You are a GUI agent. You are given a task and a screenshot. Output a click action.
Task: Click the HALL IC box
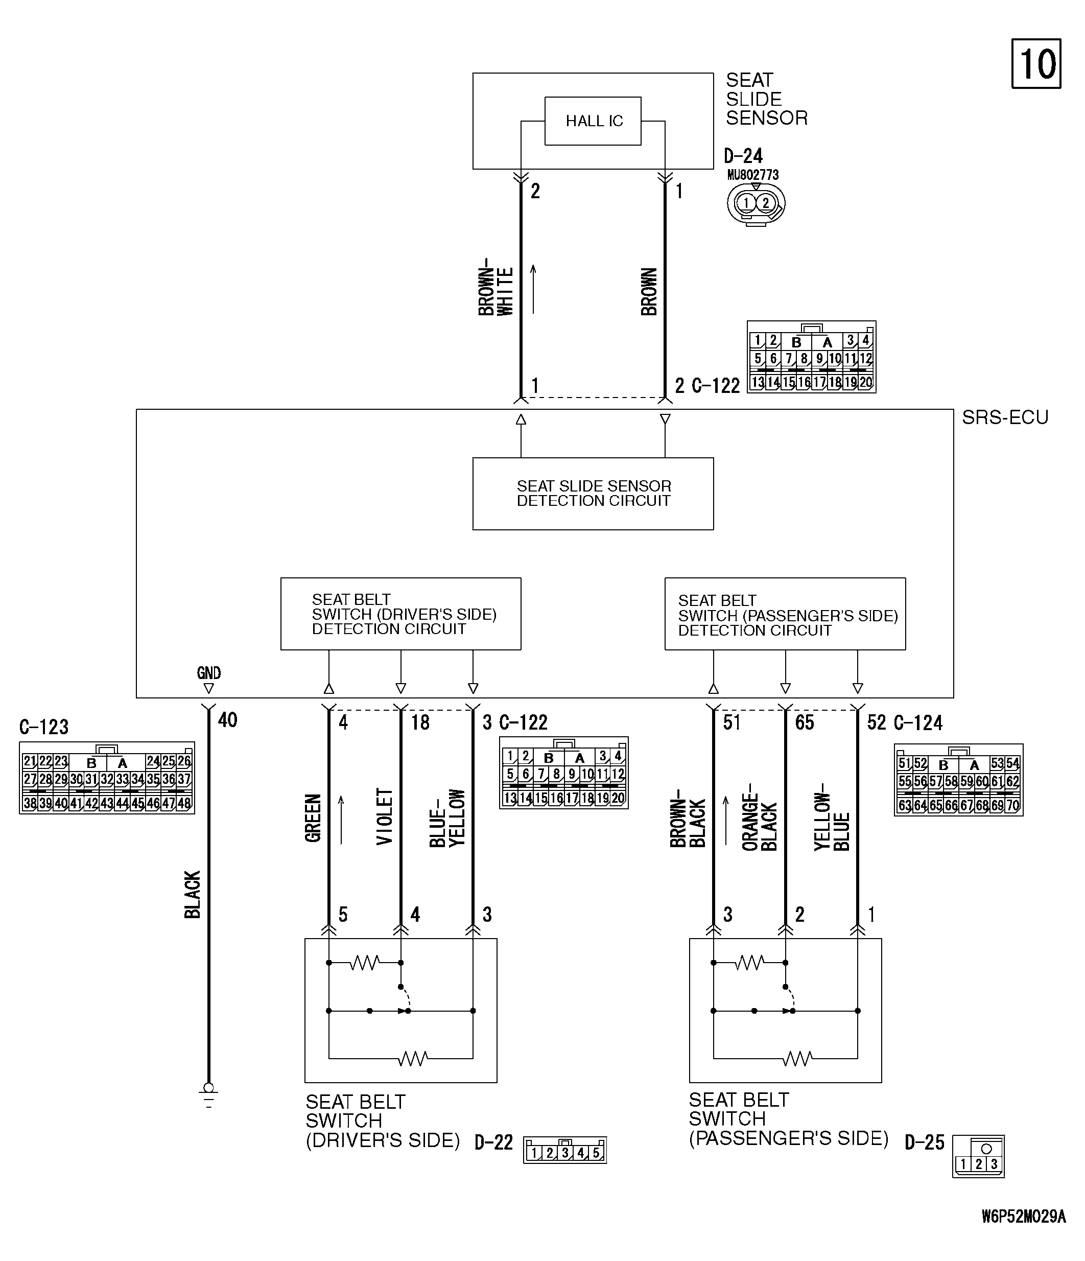[593, 121]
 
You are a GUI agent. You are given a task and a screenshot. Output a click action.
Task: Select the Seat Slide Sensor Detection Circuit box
[593, 494]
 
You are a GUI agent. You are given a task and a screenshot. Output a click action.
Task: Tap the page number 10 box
[1036, 64]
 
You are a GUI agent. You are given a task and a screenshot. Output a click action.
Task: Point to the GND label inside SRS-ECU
[209, 672]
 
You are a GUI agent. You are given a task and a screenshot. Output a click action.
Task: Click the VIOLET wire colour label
[385, 816]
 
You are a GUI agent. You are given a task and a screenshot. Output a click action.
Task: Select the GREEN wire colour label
[313, 818]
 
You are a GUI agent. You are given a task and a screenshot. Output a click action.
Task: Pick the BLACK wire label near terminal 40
[192, 894]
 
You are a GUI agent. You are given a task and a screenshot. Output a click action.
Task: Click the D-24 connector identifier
[743, 156]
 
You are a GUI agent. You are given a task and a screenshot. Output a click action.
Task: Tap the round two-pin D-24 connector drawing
[756, 204]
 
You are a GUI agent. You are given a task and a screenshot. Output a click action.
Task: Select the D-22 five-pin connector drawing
[564, 1150]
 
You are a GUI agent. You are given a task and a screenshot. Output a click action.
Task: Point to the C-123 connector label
[44, 727]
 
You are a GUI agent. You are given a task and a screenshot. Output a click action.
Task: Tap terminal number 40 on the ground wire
[228, 720]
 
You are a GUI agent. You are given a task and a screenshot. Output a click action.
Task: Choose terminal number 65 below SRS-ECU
[805, 722]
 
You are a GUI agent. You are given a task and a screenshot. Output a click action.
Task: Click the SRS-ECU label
[1005, 417]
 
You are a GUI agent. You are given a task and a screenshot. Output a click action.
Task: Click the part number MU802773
[753, 175]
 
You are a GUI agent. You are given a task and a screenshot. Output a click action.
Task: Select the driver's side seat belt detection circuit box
[400, 614]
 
